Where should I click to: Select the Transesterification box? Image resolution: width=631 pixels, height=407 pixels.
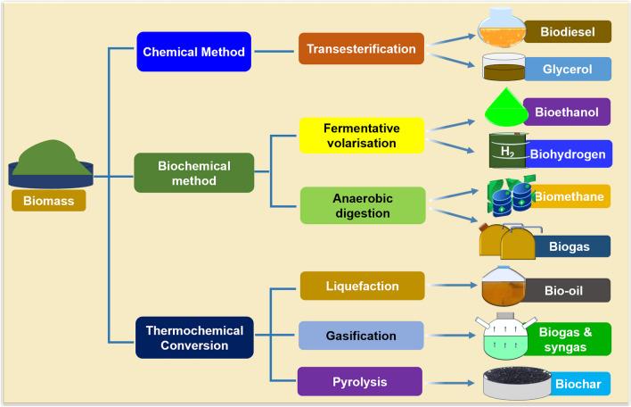(x=361, y=48)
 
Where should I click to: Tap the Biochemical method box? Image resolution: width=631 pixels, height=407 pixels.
(x=193, y=173)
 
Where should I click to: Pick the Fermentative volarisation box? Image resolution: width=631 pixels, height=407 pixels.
(x=361, y=135)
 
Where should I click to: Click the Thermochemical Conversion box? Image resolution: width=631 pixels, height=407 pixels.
(x=194, y=337)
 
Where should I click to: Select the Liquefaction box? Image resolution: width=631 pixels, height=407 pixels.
(x=362, y=286)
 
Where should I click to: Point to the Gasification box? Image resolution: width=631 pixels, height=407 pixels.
(x=361, y=336)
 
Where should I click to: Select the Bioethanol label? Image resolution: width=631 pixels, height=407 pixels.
(x=567, y=112)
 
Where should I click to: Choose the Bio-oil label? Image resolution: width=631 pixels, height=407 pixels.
(x=567, y=290)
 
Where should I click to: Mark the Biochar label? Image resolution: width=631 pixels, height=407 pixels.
(x=579, y=385)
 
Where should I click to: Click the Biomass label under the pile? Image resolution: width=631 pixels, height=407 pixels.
(x=49, y=201)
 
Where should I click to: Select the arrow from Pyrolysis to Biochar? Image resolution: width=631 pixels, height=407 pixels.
(x=451, y=382)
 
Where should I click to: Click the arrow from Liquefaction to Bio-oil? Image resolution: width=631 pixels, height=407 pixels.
(x=451, y=287)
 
